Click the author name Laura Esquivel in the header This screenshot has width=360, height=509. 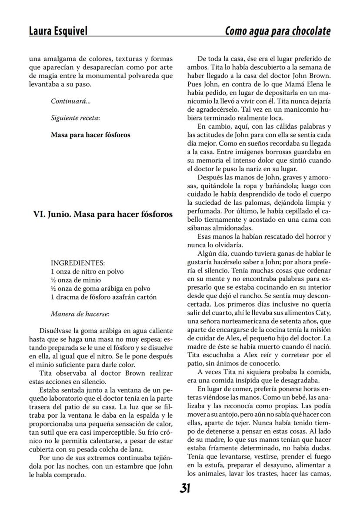coord(58,31)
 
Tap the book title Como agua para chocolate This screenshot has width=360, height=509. coord(277,31)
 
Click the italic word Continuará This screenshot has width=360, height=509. coord(70,101)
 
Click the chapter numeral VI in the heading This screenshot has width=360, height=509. coord(38,214)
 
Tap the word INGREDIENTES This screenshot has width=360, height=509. coord(78,263)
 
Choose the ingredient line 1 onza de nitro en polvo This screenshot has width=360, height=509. coord(87,271)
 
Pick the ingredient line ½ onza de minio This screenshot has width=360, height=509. coord(76,280)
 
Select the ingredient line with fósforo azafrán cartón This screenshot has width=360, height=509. coord(103,297)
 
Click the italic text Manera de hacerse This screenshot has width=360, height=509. coord(80,313)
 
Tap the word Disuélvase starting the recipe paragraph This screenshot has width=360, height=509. coord(57,331)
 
